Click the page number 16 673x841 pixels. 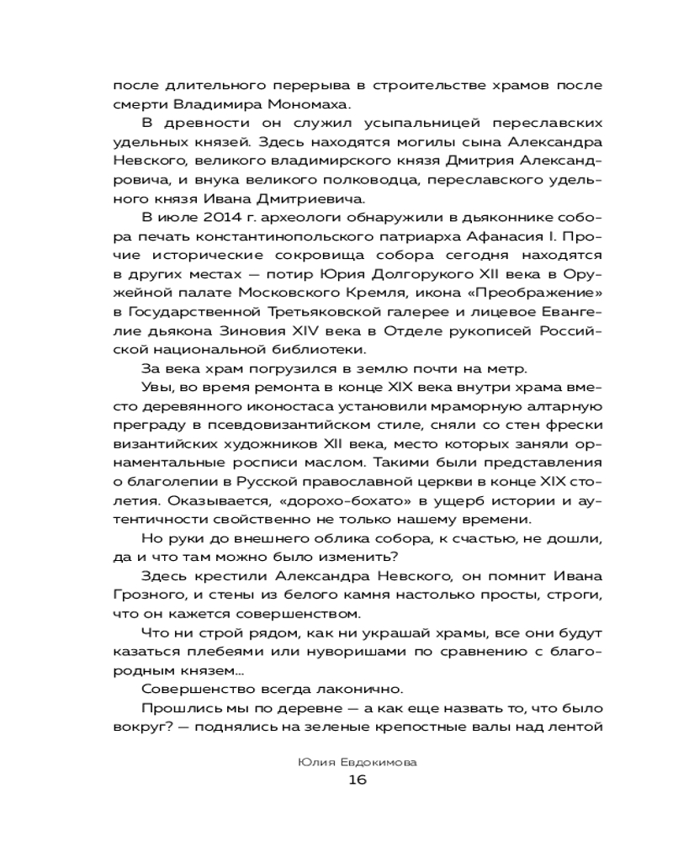(357, 779)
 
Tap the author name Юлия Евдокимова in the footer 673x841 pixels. (357, 759)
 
